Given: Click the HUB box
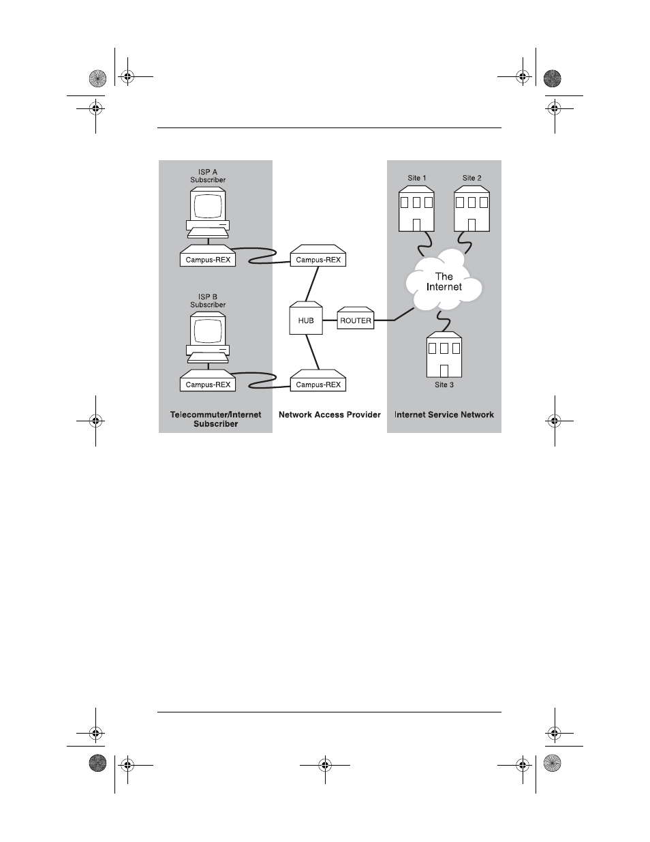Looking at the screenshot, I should click(x=306, y=319).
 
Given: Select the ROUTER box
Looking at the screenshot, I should click(x=356, y=320).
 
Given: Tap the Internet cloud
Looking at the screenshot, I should click(x=444, y=282).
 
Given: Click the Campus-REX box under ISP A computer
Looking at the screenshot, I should click(x=208, y=259).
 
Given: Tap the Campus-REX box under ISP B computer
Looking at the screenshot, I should click(x=208, y=384).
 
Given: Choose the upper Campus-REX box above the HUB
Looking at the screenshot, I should click(x=318, y=259).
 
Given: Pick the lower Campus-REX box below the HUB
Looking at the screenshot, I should click(x=318, y=384).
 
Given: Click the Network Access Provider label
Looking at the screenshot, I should click(x=330, y=415).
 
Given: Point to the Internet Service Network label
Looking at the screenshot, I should click(x=444, y=415).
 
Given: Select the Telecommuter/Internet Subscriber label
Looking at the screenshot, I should click(x=215, y=419).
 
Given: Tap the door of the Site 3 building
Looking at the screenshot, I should click(x=444, y=371).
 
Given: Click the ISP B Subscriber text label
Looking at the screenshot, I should click(x=208, y=301).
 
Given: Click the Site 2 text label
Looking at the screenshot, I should click(x=471, y=178).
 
